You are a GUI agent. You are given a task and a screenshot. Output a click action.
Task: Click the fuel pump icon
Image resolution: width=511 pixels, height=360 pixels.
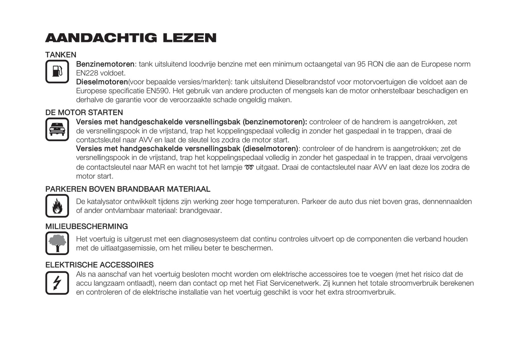(57, 71)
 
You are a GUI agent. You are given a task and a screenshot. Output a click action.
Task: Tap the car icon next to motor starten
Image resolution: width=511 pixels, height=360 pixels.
(57, 129)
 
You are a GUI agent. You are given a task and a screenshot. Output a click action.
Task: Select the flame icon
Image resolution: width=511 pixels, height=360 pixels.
(57, 206)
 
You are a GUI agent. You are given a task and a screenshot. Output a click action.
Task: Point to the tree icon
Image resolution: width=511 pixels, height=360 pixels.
(57, 243)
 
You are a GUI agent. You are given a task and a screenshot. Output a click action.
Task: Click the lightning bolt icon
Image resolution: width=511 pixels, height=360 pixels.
(57, 283)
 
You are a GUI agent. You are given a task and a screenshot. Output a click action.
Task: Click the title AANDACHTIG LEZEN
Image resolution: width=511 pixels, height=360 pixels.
(131, 38)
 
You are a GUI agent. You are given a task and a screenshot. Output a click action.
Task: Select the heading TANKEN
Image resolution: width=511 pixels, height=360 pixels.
(61, 55)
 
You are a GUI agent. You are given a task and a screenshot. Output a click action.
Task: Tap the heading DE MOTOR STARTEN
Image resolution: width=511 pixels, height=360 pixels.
(84, 113)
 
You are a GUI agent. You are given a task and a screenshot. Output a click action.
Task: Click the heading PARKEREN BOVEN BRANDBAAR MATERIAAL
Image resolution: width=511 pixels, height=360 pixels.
(128, 189)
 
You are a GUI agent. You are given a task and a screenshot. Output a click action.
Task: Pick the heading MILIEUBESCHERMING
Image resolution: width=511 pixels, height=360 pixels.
(87, 226)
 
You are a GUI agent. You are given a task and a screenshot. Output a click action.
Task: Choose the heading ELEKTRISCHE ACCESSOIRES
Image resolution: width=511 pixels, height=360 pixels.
(99, 265)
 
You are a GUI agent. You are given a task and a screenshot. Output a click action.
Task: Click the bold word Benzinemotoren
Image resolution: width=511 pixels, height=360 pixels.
(105, 64)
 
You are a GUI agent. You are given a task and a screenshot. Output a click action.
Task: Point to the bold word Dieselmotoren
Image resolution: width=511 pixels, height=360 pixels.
(102, 82)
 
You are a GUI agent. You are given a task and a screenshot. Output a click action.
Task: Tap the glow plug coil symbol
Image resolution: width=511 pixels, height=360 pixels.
(249, 167)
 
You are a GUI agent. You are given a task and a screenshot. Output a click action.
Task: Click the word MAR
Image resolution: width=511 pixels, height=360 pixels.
(157, 167)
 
